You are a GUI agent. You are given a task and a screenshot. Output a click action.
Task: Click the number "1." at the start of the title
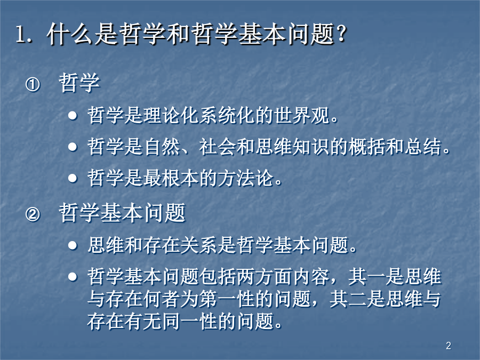tap(23, 34)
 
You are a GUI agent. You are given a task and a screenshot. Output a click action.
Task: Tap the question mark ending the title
tap(341, 34)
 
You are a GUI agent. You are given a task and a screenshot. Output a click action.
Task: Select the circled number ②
tap(33, 214)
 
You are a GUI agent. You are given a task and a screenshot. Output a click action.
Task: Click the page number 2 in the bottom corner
tap(449, 346)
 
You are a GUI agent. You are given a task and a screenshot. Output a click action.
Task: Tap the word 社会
tap(218, 147)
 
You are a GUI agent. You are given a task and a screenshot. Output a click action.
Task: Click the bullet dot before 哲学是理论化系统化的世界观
tap(73, 116)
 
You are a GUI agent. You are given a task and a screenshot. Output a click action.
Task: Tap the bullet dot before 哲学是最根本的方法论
tap(73, 178)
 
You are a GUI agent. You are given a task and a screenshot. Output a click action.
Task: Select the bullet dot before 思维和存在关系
tap(73, 245)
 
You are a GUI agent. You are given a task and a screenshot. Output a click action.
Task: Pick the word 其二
tap(348, 299)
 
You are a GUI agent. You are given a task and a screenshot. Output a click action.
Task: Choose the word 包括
tap(218, 276)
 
